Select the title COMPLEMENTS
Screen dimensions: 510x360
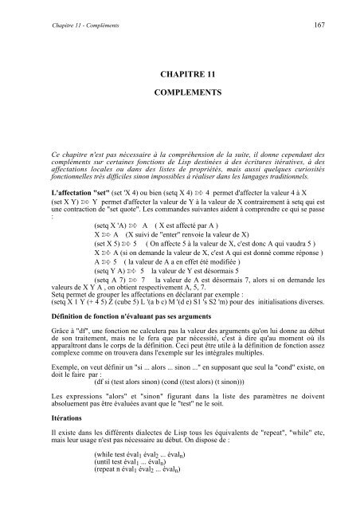click(x=179, y=93)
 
